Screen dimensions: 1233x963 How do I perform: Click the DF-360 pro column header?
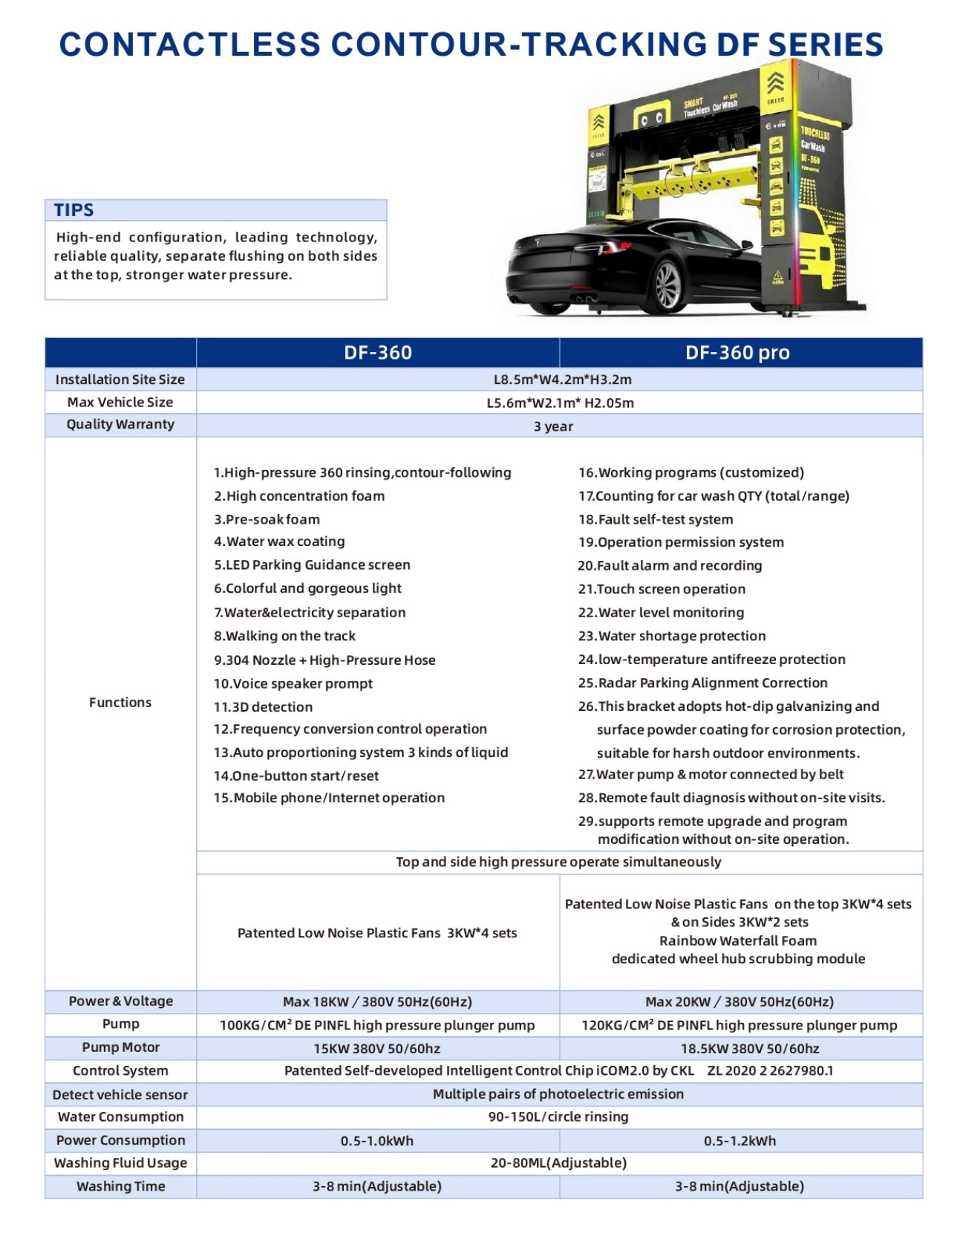737,352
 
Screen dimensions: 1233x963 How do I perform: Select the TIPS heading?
74,210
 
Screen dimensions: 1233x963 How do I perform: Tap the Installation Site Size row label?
120,380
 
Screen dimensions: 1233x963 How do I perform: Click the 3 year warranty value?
553,426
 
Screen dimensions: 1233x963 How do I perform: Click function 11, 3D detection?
263,707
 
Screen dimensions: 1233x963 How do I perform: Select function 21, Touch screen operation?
662,589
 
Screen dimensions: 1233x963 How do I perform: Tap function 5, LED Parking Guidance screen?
312,565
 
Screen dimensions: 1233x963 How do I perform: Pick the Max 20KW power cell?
740,1002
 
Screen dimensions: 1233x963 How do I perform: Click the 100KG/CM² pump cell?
377,1025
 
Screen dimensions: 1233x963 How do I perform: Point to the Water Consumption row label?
120,1117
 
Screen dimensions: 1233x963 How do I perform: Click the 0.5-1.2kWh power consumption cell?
740,1141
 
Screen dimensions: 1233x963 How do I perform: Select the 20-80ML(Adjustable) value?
558,1163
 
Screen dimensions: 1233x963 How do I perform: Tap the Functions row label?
120,703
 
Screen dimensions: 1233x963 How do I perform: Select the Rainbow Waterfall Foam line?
738,941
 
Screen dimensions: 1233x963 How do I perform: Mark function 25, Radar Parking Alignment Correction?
702,683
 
